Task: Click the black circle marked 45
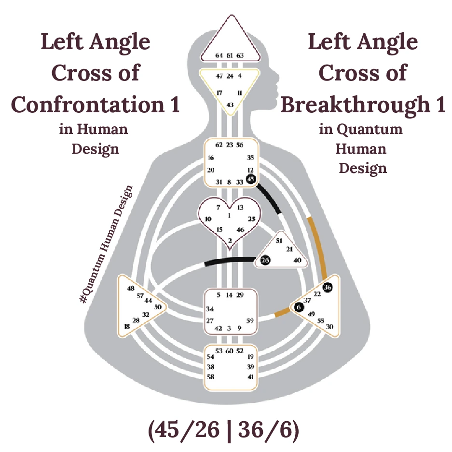point(250,179)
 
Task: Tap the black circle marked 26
point(265,260)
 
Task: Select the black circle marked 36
point(328,287)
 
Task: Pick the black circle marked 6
point(299,307)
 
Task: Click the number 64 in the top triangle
point(219,55)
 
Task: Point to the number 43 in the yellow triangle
point(230,105)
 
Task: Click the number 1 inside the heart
point(229,215)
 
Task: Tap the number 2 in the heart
point(230,240)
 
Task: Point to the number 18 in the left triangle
point(127,326)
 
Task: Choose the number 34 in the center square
point(210,309)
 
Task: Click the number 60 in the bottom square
point(230,351)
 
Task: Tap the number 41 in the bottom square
point(250,376)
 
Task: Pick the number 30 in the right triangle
point(329,326)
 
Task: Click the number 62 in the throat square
point(219,145)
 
